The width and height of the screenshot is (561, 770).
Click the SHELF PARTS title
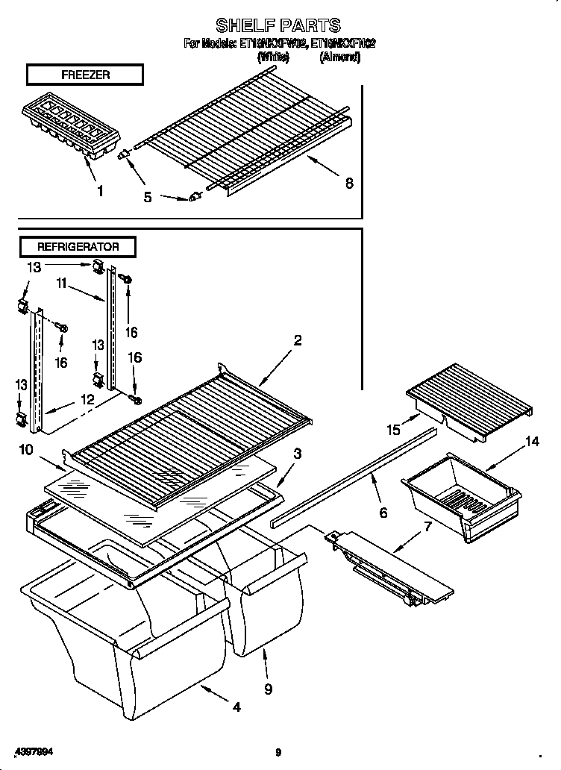pos(278,25)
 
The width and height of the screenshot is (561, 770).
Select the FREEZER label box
pos(84,75)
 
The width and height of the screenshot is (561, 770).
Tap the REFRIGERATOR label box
pos(78,245)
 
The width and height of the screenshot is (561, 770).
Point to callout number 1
pos(100,190)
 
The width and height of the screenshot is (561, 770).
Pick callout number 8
pos(348,184)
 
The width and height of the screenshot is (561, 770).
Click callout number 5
pos(148,197)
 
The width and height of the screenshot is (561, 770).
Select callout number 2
pos(298,340)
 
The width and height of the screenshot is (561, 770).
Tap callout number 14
pos(530,442)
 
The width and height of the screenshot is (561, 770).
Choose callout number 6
pos(383,513)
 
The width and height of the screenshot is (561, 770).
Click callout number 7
pos(427,528)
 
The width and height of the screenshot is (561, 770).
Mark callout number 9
pos(268,689)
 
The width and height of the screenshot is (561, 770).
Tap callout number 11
pos(62,283)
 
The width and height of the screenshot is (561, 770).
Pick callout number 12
pos(88,399)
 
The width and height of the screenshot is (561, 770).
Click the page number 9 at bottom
pos(278,752)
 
